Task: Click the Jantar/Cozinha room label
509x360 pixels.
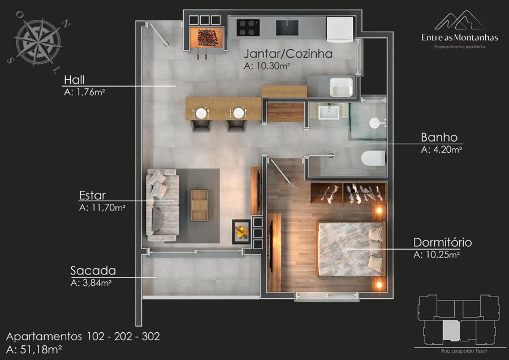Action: tap(288, 54)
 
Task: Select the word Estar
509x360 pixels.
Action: tap(92, 195)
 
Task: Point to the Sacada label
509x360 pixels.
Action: tap(93, 271)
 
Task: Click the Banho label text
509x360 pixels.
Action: tap(439, 138)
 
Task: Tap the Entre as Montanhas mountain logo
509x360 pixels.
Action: tap(459, 20)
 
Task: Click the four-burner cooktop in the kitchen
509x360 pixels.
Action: tap(248, 28)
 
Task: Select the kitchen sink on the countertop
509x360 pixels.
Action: tap(287, 27)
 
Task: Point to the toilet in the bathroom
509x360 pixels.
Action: tap(373, 158)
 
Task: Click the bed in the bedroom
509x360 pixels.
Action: tap(351, 249)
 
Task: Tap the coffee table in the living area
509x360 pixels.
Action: tap(199, 205)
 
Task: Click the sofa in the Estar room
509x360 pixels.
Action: tap(162, 205)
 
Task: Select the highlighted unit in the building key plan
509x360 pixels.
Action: tap(451, 331)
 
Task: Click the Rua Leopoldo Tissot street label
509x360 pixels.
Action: tap(464, 351)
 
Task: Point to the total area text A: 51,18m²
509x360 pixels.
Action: tap(34, 350)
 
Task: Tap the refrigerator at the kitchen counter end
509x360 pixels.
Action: tap(339, 29)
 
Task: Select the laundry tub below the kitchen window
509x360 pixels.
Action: tap(341, 87)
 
